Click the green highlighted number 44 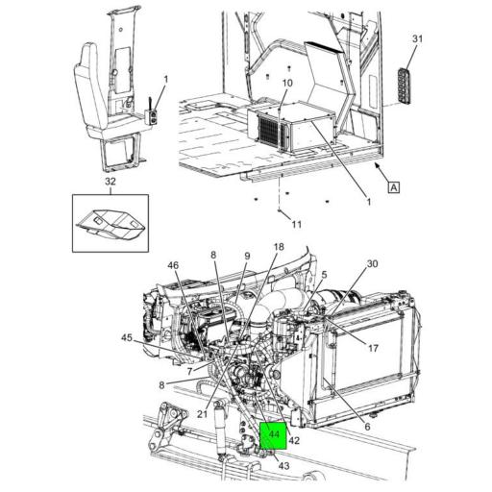pos(275,435)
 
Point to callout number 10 pos(285,84)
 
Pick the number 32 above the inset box pos(111,181)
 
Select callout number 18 pos(279,247)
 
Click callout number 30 pos(373,263)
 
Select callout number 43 pos(283,466)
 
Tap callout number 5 pos(324,274)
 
